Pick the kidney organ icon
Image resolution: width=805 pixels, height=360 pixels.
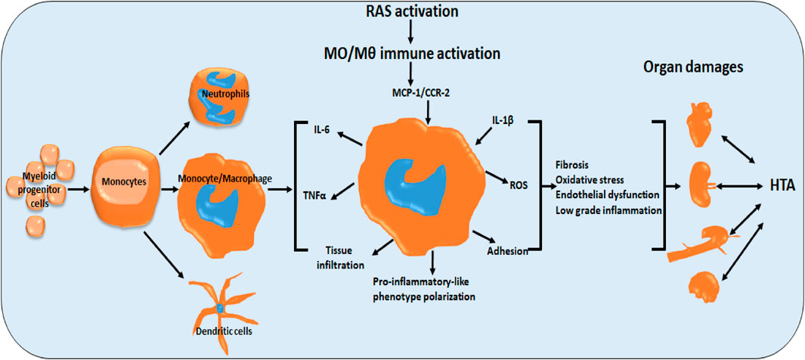click(701, 184)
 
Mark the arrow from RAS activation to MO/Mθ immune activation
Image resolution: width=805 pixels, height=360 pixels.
click(409, 32)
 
